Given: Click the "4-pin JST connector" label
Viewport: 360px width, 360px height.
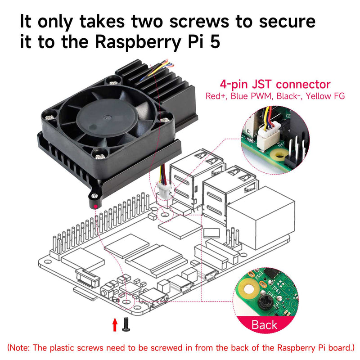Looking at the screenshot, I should [275, 84].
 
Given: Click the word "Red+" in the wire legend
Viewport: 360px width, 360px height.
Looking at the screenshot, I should [216, 96].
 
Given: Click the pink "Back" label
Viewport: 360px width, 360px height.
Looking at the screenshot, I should [264, 324].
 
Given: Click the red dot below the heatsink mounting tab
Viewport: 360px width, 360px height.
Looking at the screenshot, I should [96, 206].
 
